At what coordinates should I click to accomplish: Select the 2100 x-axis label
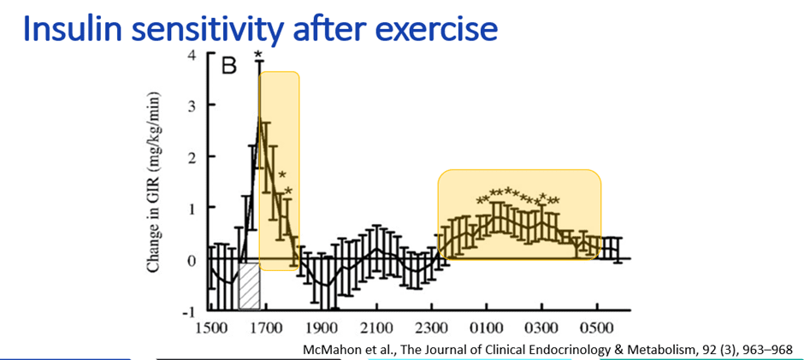(x=376, y=328)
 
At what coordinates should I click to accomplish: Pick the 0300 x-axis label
(x=541, y=328)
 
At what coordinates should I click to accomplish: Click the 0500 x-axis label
(x=597, y=328)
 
